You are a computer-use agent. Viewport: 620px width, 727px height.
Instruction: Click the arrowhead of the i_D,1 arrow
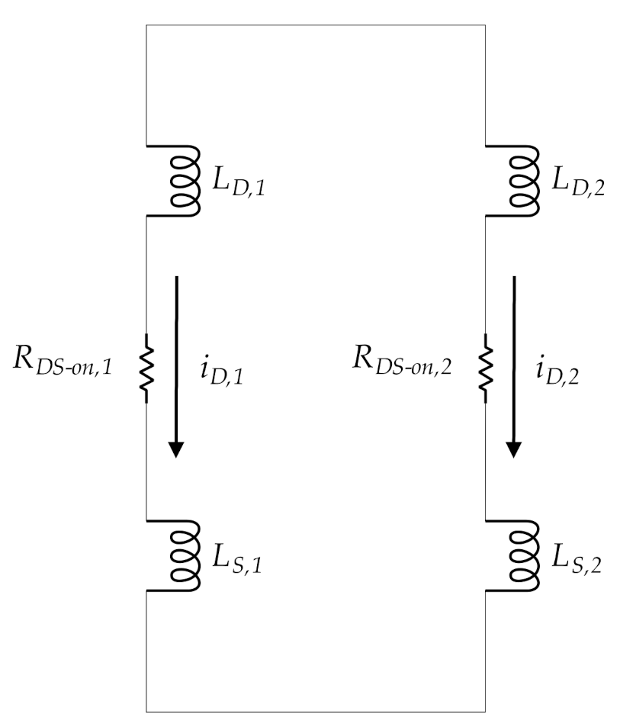[x=177, y=449]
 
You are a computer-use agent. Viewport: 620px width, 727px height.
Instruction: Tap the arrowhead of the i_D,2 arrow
[x=515, y=449]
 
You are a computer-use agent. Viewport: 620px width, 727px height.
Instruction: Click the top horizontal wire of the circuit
[x=315, y=25]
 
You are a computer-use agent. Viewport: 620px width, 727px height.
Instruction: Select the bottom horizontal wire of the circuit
[x=315, y=711]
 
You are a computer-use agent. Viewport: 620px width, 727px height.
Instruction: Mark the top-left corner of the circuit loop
[x=146, y=25]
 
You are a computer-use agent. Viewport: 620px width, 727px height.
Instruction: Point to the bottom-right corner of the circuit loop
[x=484, y=711]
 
